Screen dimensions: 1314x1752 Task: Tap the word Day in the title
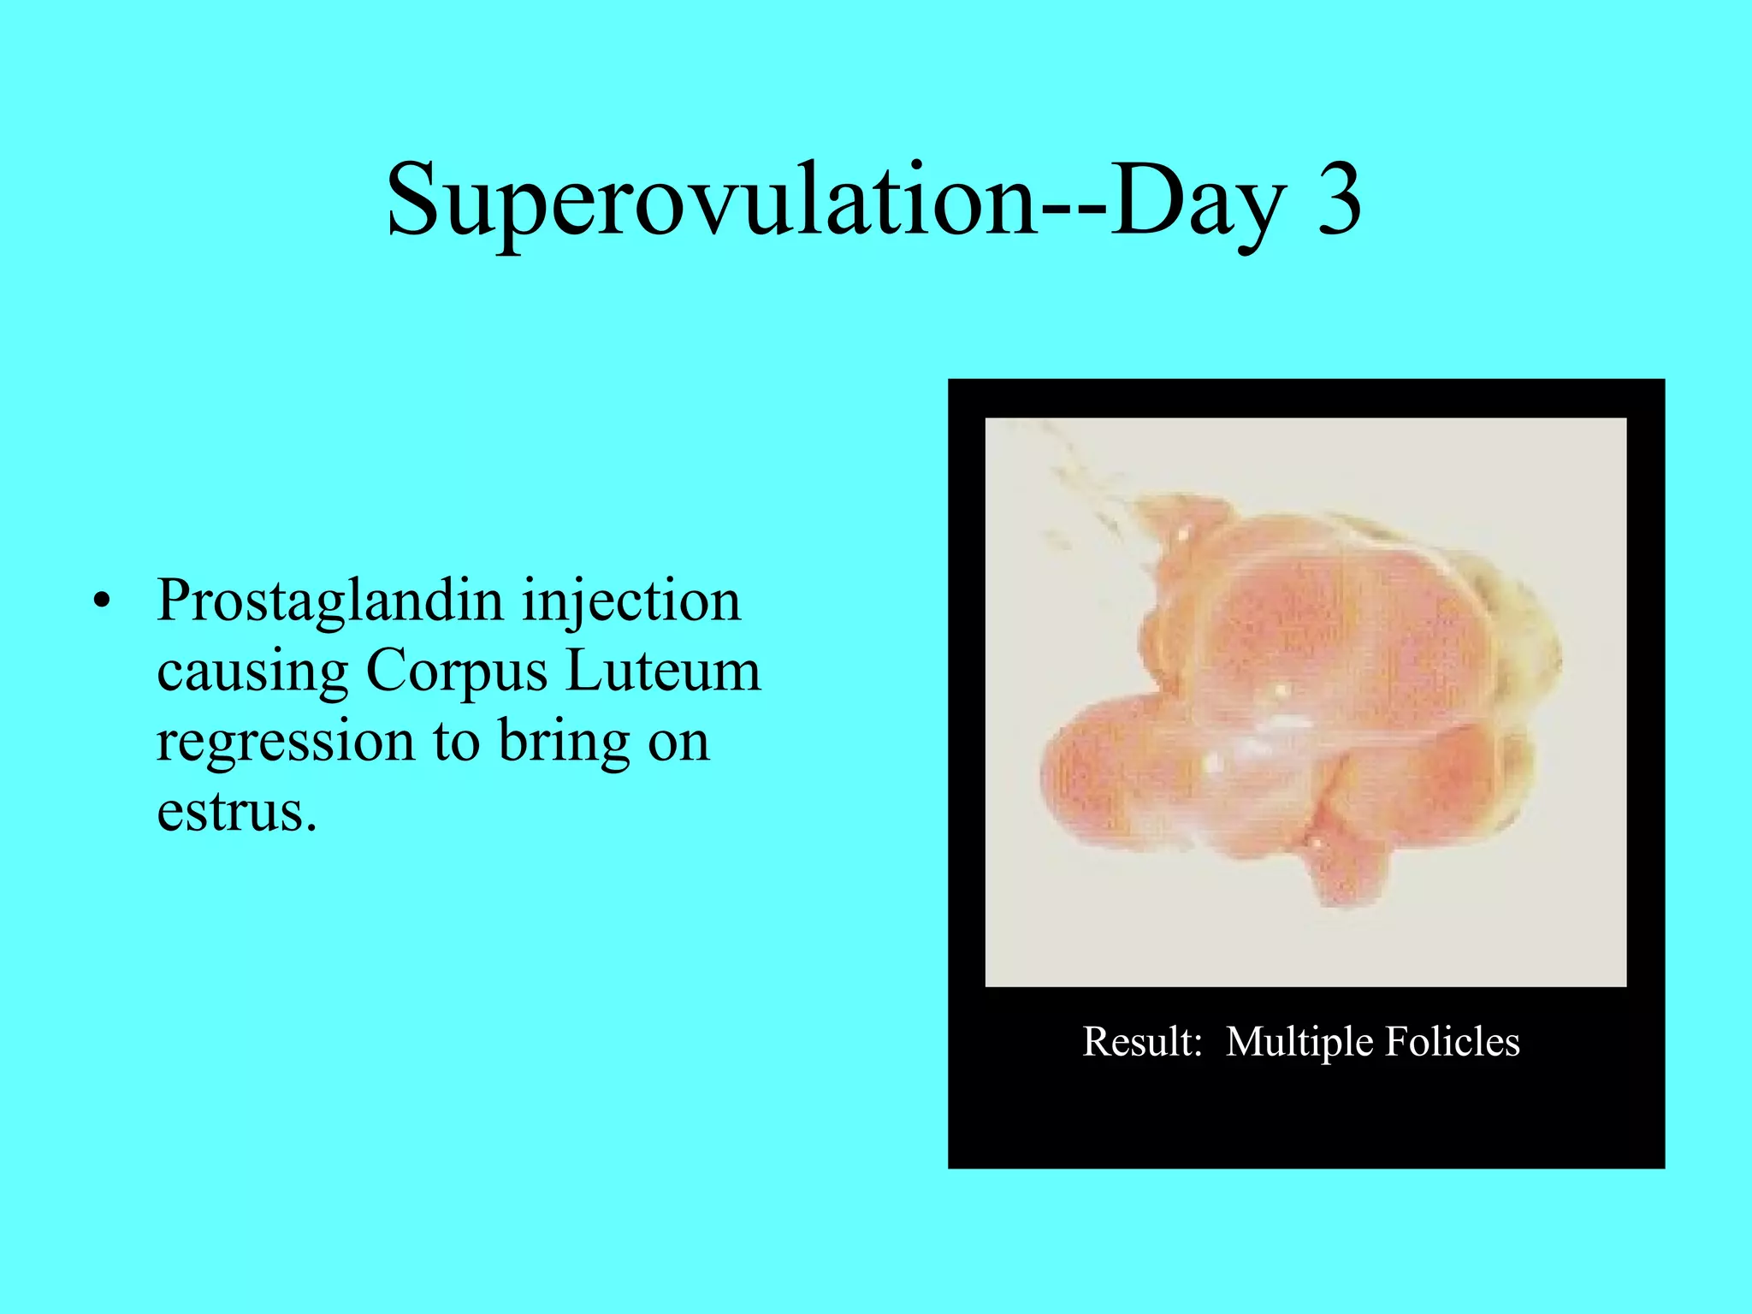click(1198, 202)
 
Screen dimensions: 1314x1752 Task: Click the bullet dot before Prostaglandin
click(103, 602)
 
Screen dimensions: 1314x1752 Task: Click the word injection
click(631, 602)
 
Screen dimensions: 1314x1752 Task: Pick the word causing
click(252, 672)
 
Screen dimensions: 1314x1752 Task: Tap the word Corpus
click(456, 672)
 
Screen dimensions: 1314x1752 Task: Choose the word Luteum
click(663, 671)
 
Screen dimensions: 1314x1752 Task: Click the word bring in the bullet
click(563, 743)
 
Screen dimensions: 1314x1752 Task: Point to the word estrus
click(235, 811)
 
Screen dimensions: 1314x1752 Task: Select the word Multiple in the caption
click(1300, 1042)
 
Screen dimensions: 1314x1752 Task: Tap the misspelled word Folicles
click(1452, 1042)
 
